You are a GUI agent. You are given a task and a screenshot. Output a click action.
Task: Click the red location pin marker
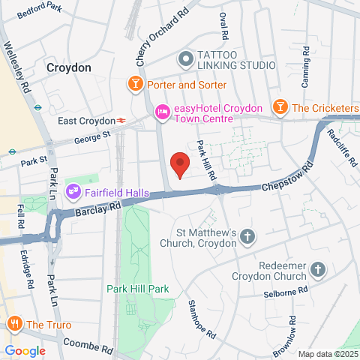[x=178, y=164]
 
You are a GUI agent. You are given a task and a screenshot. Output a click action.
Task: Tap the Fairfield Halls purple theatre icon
[x=73, y=191]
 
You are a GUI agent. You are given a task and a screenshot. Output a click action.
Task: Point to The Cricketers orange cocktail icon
[x=280, y=107]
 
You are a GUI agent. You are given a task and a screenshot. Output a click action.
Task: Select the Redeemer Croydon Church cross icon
[x=318, y=269]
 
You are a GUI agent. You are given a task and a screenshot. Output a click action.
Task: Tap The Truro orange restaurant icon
[x=13, y=324]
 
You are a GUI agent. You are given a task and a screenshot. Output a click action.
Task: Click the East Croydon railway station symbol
[x=120, y=120]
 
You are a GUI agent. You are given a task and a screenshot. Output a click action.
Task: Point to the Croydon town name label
[x=68, y=67]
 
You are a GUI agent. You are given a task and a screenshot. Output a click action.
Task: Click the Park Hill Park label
[x=138, y=289]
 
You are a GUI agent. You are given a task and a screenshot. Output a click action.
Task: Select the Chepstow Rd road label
[x=285, y=179]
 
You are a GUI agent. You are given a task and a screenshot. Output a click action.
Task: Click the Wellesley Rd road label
[x=18, y=73]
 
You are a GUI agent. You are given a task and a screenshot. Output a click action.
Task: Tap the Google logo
[x=25, y=350]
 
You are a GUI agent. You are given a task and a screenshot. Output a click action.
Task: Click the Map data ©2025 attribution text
[x=326, y=354]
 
